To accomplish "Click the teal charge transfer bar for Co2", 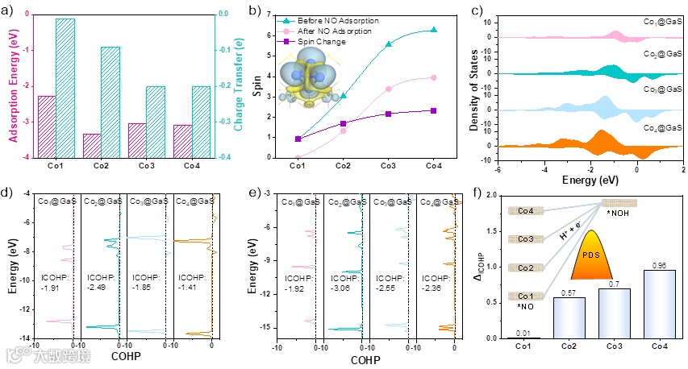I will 110,101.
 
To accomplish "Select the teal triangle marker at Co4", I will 434,30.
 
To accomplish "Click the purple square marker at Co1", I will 298,139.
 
